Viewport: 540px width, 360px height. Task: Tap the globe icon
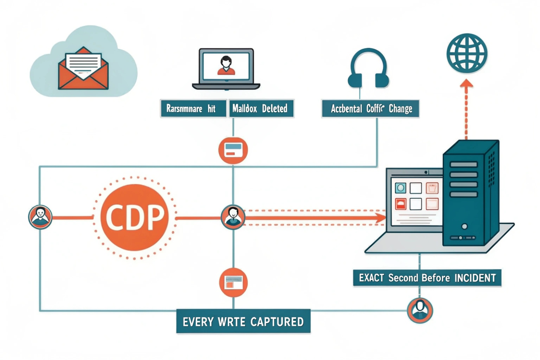(x=467, y=53)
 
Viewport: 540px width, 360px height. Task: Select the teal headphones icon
(x=368, y=69)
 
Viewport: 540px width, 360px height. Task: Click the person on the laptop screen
(x=226, y=65)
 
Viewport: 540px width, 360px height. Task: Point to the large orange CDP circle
(x=134, y=217)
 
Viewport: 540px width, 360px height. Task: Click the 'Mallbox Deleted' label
(x=261, y=109)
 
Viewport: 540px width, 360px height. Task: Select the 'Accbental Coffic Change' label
(x=371, y=109)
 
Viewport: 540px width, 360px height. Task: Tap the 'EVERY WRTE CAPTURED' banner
(x=243, y=321)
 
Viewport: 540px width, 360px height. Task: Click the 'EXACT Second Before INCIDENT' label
(x=427, y=278)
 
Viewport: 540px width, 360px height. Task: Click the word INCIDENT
(x=475, y=278)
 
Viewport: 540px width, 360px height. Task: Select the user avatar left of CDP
(x=40, y=217)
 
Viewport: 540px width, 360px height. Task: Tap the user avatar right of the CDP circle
(x=233, y=217)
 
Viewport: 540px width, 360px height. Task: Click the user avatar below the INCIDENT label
(x=420, y=310)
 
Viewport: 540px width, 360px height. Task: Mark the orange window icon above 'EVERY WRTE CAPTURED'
(x=233, y=283)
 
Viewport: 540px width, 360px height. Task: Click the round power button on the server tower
(x=464, y=226)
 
